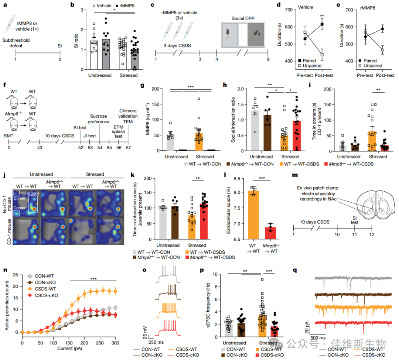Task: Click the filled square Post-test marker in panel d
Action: coord(322,24)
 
